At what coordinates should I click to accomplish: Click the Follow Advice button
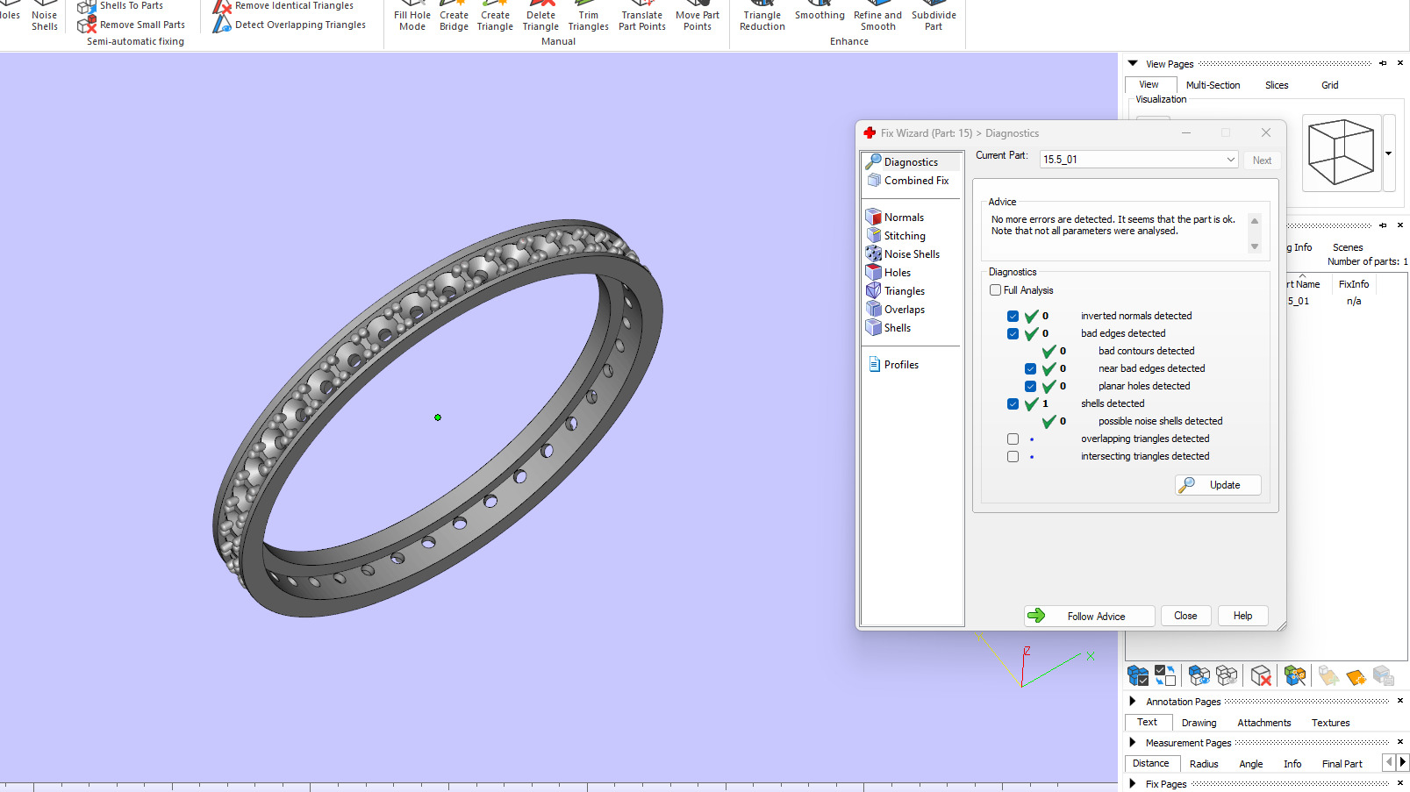1089,616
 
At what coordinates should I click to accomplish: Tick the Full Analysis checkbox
996,290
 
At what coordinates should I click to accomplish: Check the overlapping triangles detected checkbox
1013,439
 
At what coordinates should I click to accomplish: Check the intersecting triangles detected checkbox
1013,456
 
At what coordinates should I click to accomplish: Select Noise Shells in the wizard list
911,254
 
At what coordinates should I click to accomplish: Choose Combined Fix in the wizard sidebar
915,181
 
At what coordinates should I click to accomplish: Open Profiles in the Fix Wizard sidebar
900,365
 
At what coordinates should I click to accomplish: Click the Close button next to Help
1185,616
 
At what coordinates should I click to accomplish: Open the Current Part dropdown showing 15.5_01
1230,160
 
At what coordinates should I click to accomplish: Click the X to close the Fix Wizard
1265,133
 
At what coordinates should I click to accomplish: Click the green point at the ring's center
438,417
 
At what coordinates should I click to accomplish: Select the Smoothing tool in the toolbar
820,15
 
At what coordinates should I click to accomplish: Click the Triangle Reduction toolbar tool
762,20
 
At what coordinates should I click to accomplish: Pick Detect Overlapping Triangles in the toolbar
299,25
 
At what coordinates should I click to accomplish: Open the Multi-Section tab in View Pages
1213,85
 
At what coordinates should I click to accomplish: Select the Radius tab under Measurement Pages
1203,764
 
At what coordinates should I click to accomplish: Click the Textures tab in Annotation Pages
1330,723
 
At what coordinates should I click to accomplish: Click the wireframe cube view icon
1340,153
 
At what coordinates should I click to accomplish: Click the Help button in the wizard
1242,616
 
